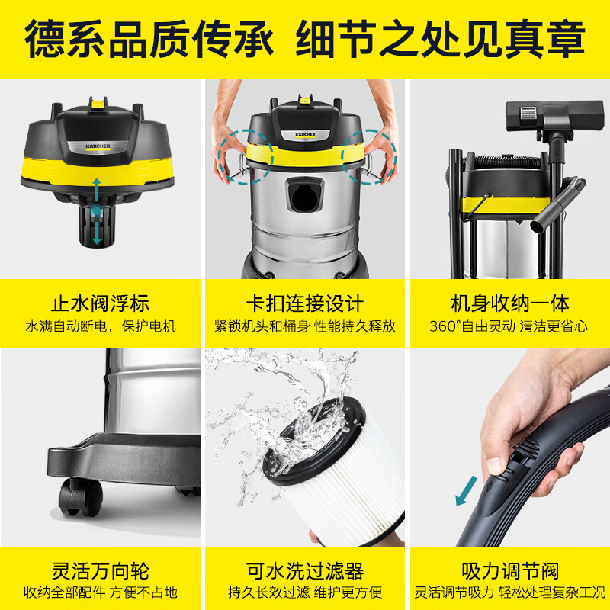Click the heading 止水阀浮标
tap(101, 302)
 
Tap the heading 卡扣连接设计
tap(305, 302)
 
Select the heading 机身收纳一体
tap(509, 303)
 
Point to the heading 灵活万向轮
tap(101, 570)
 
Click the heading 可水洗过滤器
tap(305, 570)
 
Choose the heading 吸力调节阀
tap(509, 570)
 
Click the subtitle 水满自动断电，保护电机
tap(101, 326)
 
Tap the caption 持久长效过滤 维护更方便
tap(305, 592)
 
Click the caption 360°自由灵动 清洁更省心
tap(509, 326)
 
